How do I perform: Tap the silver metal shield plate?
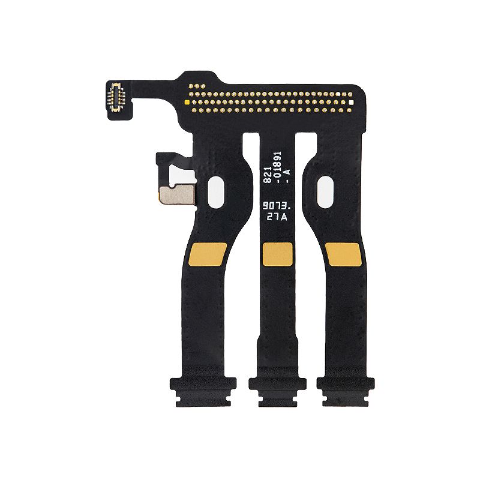click(x=177, y=194)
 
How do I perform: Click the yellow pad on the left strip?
click(x=208, y=254)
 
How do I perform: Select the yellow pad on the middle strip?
click(x=278, y=254)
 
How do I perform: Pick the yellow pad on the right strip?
click(x=343, y=254)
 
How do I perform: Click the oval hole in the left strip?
click(x=216, y=192)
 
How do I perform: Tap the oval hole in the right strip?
click(x=325, y=193)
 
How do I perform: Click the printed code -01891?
click(x=277, y=168)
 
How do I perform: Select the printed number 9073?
click(x=277, y=206)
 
